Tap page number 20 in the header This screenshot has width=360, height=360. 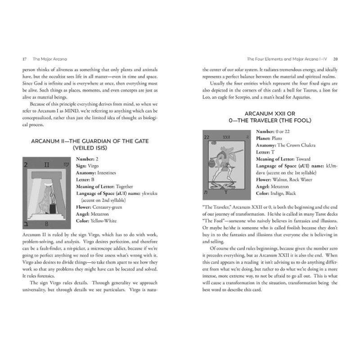(x=342, y=59)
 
